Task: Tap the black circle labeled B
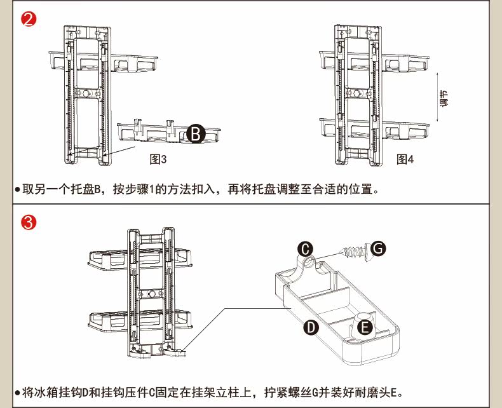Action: (196, 134)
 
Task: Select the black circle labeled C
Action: (306, 247)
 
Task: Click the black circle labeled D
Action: (310, 327)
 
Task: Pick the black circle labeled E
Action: (365, 327)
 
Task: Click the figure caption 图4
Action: (405, 159)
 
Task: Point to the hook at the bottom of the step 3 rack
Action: (177, 348)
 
